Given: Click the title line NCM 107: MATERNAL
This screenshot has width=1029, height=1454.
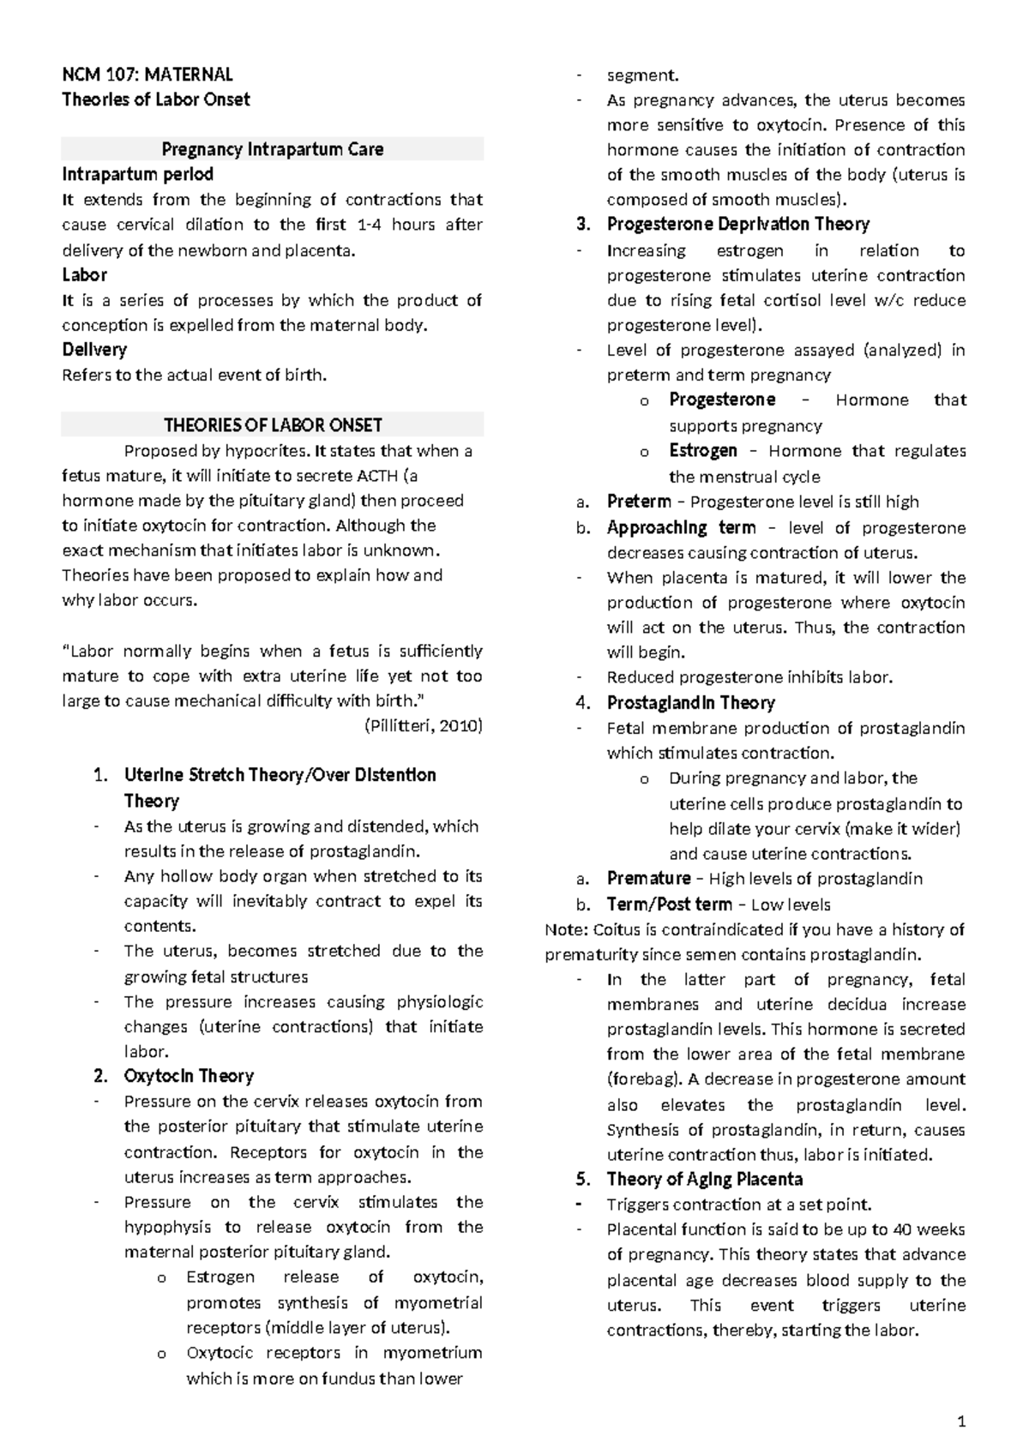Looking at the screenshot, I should point(147,75).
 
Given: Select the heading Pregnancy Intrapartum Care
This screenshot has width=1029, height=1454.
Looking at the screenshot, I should point(273,149).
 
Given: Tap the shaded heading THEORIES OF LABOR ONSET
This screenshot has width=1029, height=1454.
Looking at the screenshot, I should point(273,425).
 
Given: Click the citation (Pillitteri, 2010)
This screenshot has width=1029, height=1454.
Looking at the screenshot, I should point(424,726).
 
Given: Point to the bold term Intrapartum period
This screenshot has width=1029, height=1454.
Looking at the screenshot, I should point(137,174).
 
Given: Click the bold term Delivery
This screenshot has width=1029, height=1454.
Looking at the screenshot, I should point(94,350).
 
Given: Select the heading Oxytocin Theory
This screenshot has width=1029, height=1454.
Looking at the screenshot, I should point(189,1076).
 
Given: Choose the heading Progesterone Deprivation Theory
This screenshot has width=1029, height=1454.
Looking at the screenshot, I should point(737,225).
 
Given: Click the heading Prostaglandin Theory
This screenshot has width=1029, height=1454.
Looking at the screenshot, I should point(690,703).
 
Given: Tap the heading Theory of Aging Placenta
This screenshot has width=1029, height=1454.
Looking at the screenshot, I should point(704,1179).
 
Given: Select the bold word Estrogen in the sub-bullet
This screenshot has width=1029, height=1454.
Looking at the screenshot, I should point(703,451).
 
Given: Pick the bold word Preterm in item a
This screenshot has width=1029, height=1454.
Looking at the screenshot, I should point(639,502).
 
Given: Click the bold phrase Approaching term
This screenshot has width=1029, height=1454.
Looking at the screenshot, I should point(681,528).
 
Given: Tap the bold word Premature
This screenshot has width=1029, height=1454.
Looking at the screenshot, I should point(648,879).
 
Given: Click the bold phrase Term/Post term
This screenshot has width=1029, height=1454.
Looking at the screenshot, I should point(669,904).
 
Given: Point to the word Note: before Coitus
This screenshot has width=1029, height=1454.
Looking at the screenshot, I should point(567,929).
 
